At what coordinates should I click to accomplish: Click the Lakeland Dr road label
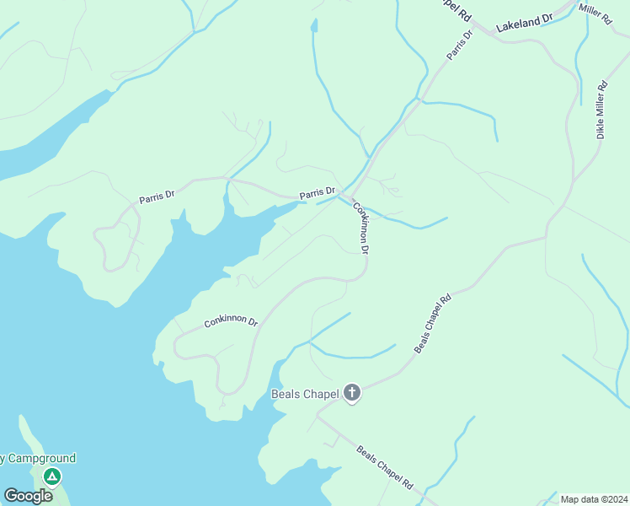[x=523, y=24]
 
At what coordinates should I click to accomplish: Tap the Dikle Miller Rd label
[x=601, y=110]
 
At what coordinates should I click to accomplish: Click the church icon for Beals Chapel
[x=351, y=393]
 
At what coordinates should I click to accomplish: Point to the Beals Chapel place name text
[x=304, y=394]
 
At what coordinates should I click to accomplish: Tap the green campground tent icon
[x=52, y=477]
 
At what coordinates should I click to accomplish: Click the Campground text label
[x=37, y=459]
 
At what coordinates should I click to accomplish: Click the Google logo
[x=28, y=495]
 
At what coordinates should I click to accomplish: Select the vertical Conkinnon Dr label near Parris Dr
[x=361, y=228]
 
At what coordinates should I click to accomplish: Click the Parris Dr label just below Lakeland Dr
[x=460, y=43]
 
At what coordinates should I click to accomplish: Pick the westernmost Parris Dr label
[x=157, y=196]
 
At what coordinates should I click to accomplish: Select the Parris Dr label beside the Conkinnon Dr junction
[x=318, y=194]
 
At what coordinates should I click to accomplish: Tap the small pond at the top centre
[x=314, y=27]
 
